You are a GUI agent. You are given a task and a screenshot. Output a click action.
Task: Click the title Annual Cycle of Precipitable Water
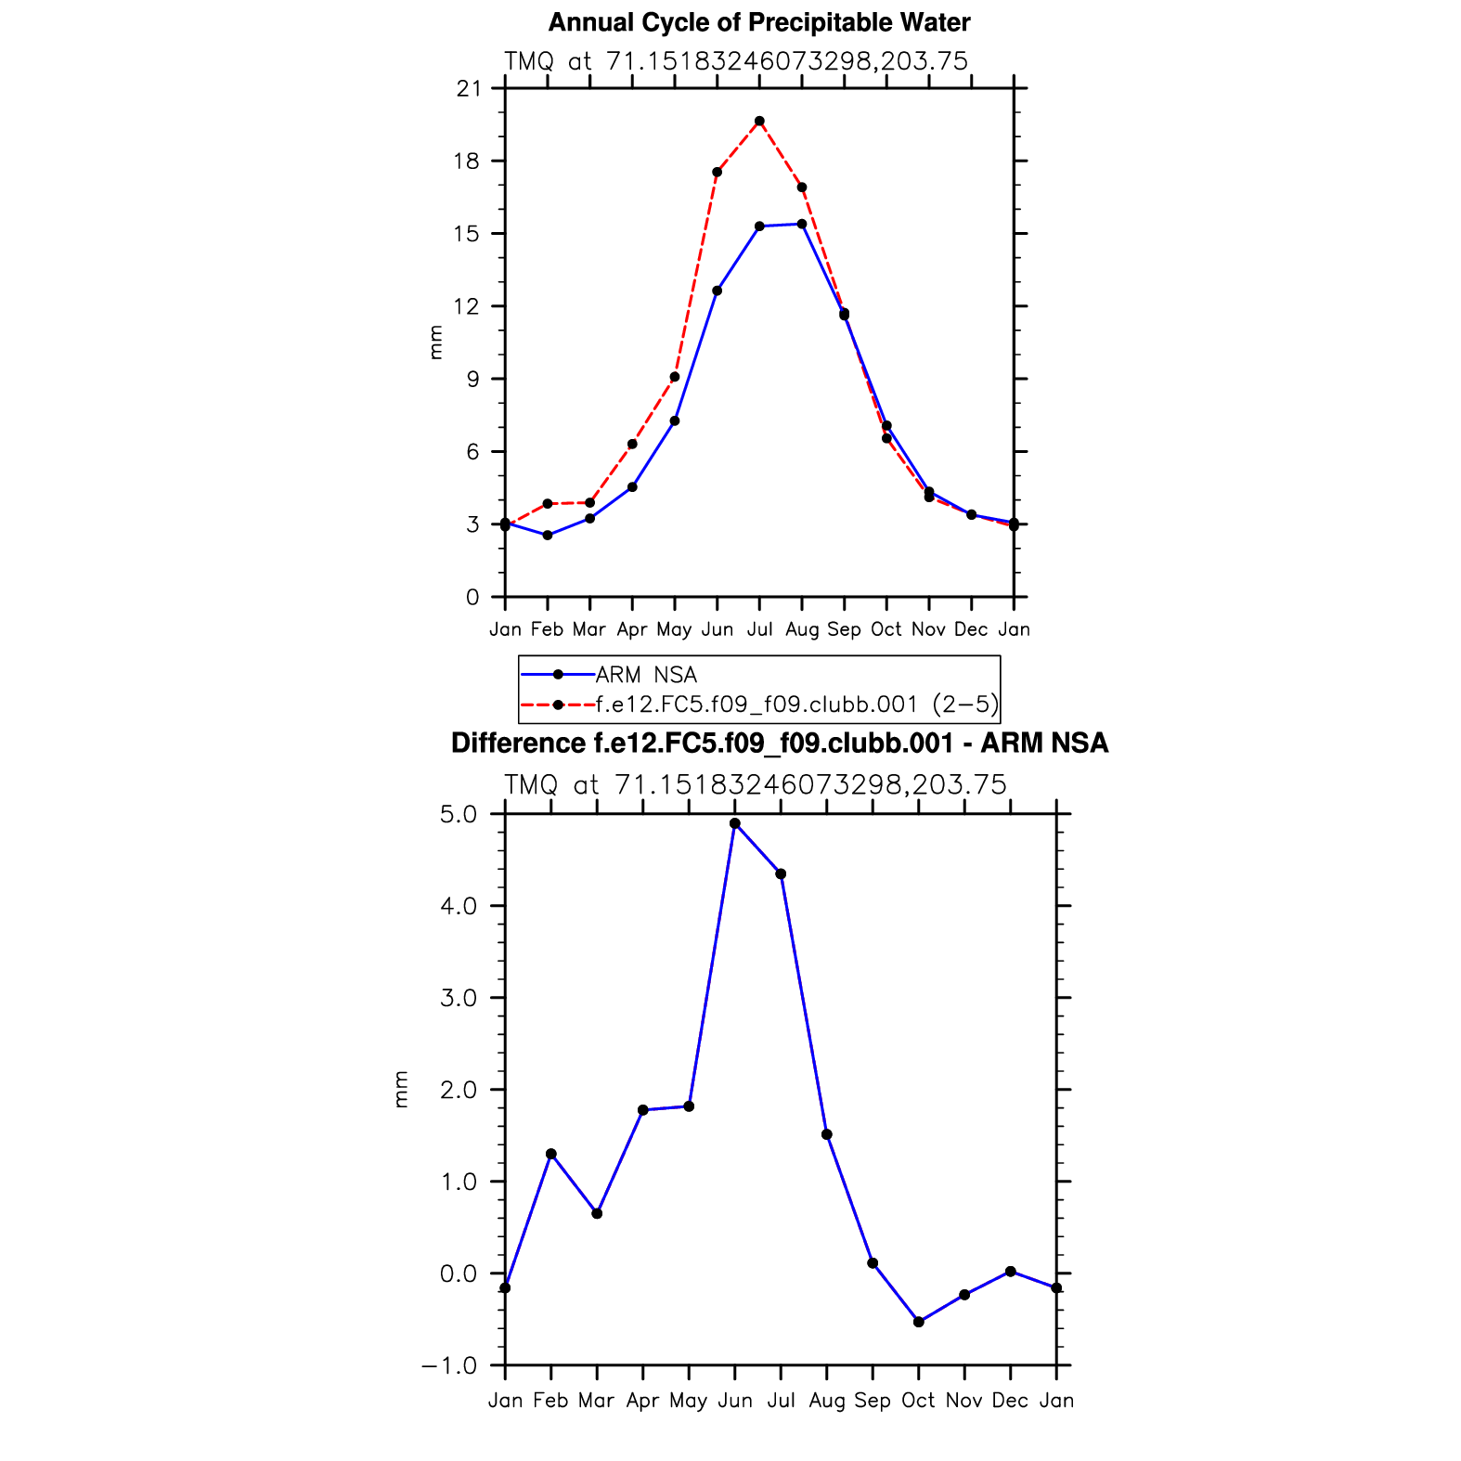[x=758, y=22]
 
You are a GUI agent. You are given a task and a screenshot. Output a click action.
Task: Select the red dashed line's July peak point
[x=759, y=121]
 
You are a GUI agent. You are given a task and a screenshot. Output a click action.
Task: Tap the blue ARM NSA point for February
[x=548, y=536]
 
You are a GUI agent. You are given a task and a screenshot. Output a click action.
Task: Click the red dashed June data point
[x=717, y=172]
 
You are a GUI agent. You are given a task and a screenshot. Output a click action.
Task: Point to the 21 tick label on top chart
[x=469, y=89]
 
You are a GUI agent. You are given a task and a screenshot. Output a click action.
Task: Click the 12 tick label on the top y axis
[x=469, y=306]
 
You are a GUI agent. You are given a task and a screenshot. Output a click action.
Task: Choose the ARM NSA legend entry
[x=646, y=675]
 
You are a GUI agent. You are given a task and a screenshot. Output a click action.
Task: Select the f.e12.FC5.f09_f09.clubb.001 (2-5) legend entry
[x=796, y=705]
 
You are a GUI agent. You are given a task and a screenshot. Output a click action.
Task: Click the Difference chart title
[x=779, y=743]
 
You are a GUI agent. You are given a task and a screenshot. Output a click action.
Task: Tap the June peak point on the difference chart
[x=735, y=823]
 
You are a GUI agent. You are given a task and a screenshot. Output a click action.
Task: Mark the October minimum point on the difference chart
[x=919, y=1322]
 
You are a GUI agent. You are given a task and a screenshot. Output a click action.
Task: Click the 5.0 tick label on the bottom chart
[x=458, y=815]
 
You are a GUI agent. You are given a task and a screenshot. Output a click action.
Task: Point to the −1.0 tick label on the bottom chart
[x=449, y=1366]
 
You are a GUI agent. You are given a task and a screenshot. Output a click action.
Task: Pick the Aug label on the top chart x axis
[x=802, y=630]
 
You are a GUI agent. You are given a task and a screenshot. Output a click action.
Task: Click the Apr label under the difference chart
[x=642, y=1401]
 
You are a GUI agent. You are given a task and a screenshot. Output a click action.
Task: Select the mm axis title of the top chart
[x=435, y=343]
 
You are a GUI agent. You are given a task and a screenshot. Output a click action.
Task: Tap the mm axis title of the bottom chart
[x=401, y=1089]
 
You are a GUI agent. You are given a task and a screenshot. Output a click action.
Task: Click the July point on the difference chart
[x=781, y=873]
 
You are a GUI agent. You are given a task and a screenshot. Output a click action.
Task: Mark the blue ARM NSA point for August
[x=802, y=224]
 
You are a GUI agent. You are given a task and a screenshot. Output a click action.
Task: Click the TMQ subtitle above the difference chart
[x=756, y=785]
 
